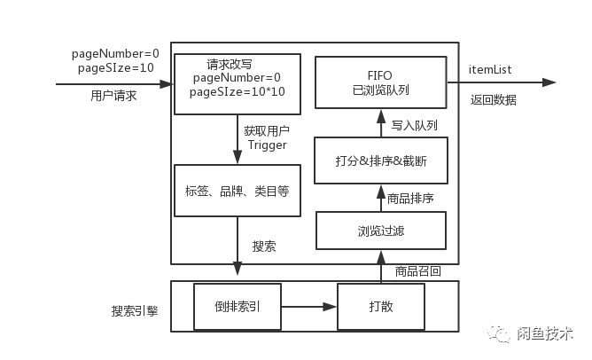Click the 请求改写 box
[237, 83]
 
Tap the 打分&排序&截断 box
[381, 161]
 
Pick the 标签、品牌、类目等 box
[237, 189]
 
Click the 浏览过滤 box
[381, 232]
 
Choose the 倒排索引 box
[237, 307]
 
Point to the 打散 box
[381, 307]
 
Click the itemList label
[489, 69]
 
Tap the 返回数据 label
[493, 100]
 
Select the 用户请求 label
[113, 96]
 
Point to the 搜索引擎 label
[135, 312]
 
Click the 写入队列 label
[415, 126]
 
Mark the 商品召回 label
[417, 270]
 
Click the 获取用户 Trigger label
[267, 138]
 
